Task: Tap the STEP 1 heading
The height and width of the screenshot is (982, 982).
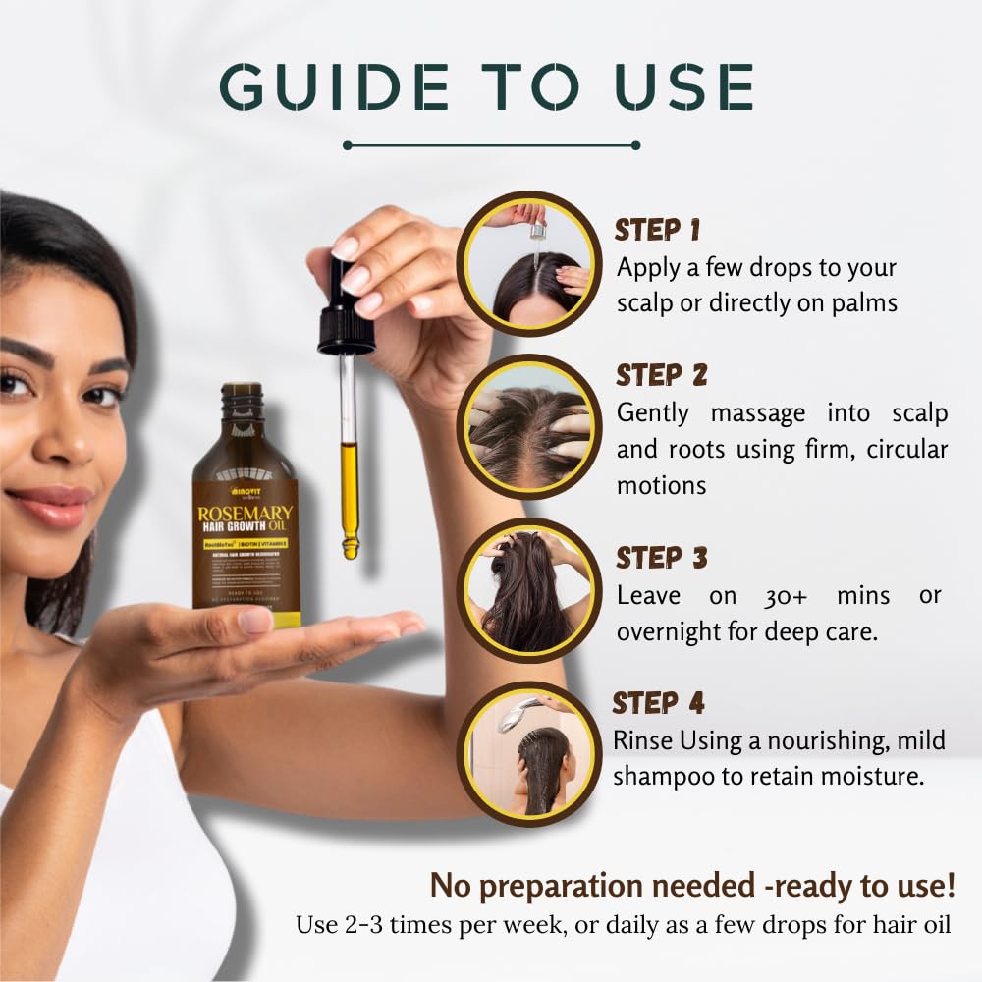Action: point(657,230)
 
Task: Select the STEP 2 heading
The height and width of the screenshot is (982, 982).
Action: point(661,375)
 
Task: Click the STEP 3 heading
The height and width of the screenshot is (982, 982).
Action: point(661,558)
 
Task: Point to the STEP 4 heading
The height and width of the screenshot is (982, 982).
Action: point(658,703)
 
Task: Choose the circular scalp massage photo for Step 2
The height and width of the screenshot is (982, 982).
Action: point(529,426)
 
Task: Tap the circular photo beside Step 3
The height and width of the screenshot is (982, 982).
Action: point(529,590)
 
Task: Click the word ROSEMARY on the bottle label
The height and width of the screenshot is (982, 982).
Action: point(245,515)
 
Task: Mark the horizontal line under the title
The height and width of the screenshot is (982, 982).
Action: point(491,145)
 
